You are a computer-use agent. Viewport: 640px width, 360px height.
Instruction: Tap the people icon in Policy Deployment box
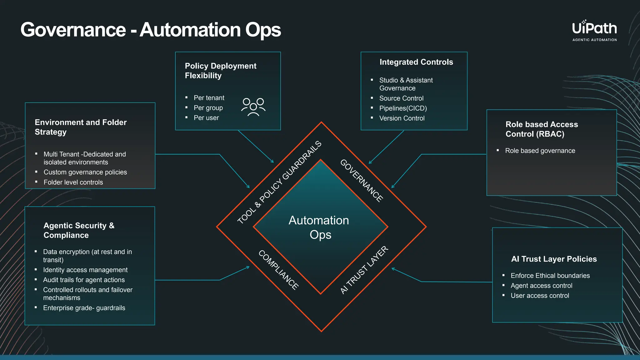click(253, 107)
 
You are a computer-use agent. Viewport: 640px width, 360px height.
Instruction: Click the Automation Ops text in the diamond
click(319, 227)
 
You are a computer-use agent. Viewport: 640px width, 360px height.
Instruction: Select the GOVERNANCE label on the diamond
click(362, 181)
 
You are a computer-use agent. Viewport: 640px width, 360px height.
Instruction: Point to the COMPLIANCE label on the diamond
click(278, 270)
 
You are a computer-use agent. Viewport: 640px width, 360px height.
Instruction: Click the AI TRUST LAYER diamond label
click(364, 270)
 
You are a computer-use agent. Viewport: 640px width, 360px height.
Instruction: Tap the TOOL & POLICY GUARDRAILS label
click(279, 182)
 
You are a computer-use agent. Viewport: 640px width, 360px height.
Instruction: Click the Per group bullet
click(208, 108)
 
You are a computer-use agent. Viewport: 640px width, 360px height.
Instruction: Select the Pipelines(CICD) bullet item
click(403, 108)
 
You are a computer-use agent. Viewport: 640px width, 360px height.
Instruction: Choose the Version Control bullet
click(402, 118)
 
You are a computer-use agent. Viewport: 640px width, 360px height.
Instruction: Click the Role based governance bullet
click(540, 151)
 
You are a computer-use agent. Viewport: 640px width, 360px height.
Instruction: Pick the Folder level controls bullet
click(73, 182)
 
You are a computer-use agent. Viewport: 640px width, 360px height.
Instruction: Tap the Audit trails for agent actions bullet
click(84, 280)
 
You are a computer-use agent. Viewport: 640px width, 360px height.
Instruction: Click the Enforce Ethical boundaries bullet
click(550, 276)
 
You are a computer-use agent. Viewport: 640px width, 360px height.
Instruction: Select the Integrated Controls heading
click(416, 62)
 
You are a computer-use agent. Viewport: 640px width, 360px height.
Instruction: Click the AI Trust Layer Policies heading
click(554, 259)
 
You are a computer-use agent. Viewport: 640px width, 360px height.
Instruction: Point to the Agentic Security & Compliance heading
click(79, 230)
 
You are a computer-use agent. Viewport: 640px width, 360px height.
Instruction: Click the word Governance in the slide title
click(73, 30)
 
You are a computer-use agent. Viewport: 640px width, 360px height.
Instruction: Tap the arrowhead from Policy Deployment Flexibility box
click(272, 162)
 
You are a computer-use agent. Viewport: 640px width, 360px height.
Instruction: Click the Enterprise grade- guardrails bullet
click(84, 308)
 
